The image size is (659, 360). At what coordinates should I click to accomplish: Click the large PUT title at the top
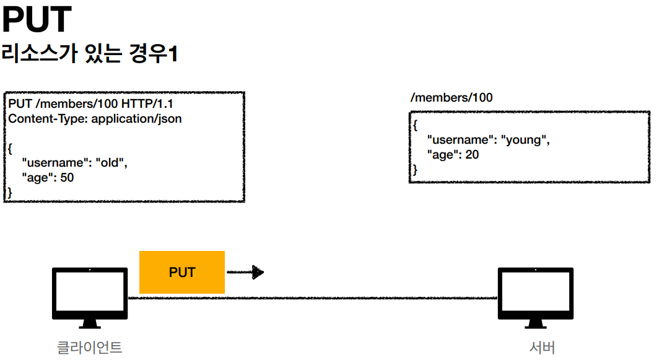[x=37, y=19]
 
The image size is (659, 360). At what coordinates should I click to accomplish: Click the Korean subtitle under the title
[x=90, y=54]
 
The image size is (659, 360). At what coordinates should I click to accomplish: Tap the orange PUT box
[x=182, y=272]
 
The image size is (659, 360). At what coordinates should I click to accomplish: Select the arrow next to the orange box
[x=245, y=272]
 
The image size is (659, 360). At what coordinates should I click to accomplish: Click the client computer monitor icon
[x=90, y=297]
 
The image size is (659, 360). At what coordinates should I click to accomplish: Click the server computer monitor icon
[x=535, y=297]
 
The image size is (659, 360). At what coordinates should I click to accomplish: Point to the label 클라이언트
[x=90, y=348]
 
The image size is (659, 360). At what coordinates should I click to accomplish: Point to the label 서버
[x=542, y=348]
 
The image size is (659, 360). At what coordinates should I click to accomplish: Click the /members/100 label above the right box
[x=452, y=97]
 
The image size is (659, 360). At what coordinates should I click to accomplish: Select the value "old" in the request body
[x=111, y=163]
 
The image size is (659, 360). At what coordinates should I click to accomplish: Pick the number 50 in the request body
[x=67, y=177]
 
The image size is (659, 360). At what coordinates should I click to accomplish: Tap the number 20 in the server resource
[x=472, y=155]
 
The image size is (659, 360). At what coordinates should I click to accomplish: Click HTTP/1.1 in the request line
[x=147, y=103]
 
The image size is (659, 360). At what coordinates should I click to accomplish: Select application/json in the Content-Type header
[x=137, y=119]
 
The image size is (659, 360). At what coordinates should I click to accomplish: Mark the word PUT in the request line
[x=20, y=103]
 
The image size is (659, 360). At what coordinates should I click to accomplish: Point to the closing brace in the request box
[x=10, y=193]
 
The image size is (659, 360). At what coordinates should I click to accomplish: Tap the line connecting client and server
[x=313, y=298]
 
